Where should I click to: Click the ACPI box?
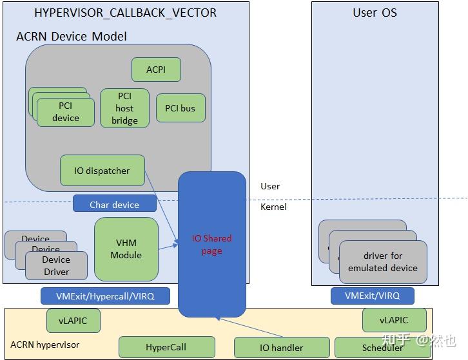point(156,70)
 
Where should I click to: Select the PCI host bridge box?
point(124,108)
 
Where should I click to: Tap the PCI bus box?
point(180,108)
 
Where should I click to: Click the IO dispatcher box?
point(102,171)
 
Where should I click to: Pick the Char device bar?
point(114,204)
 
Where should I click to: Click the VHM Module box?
point(126,249)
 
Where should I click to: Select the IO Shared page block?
point(211,244)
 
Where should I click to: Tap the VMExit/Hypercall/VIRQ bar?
point(105,296)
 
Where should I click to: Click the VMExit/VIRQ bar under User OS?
point(372,296)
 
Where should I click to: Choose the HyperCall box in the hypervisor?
point(166,348)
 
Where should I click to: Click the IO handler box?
point(281,348)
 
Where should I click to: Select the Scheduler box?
point(382,348)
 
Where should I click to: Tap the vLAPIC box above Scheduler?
point(394,320)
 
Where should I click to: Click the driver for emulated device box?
point(383,261)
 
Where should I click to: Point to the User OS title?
point(375,13)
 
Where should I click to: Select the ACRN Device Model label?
point(71,36)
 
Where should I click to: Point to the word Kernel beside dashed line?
point(273,207)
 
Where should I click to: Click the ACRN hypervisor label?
point(45,345)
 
